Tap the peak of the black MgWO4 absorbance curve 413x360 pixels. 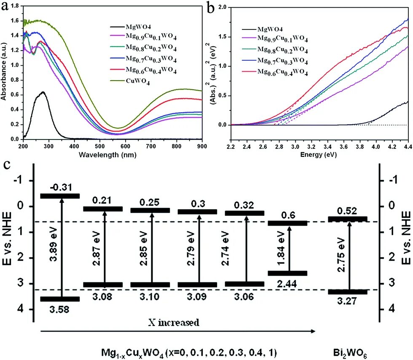(x=42, y=92)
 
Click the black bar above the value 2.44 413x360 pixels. (x=288, y=273)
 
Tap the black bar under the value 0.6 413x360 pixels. (x=288, y=223)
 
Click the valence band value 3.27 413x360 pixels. (x=348, y=301)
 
